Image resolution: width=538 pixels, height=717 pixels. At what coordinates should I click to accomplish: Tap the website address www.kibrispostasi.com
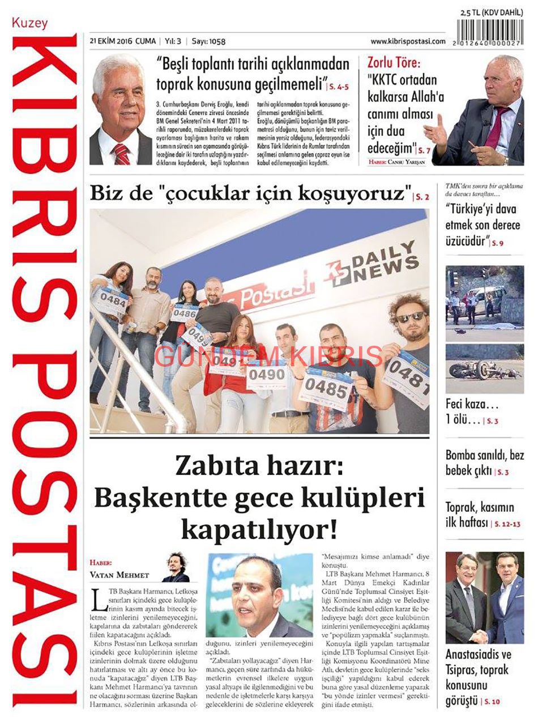click(408, 41)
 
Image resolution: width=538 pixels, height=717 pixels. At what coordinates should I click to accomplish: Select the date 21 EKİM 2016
click(111, 41)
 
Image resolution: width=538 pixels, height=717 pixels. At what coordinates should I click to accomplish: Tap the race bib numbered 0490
click(266, 375)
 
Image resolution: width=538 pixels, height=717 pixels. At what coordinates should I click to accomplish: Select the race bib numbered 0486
click(185, 312)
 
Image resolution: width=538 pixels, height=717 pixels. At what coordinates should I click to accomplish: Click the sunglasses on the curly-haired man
click(412, 317)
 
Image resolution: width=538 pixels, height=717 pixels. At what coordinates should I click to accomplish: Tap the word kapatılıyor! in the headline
click(259, 530)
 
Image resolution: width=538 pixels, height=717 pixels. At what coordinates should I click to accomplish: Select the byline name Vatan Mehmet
click(119, 575)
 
